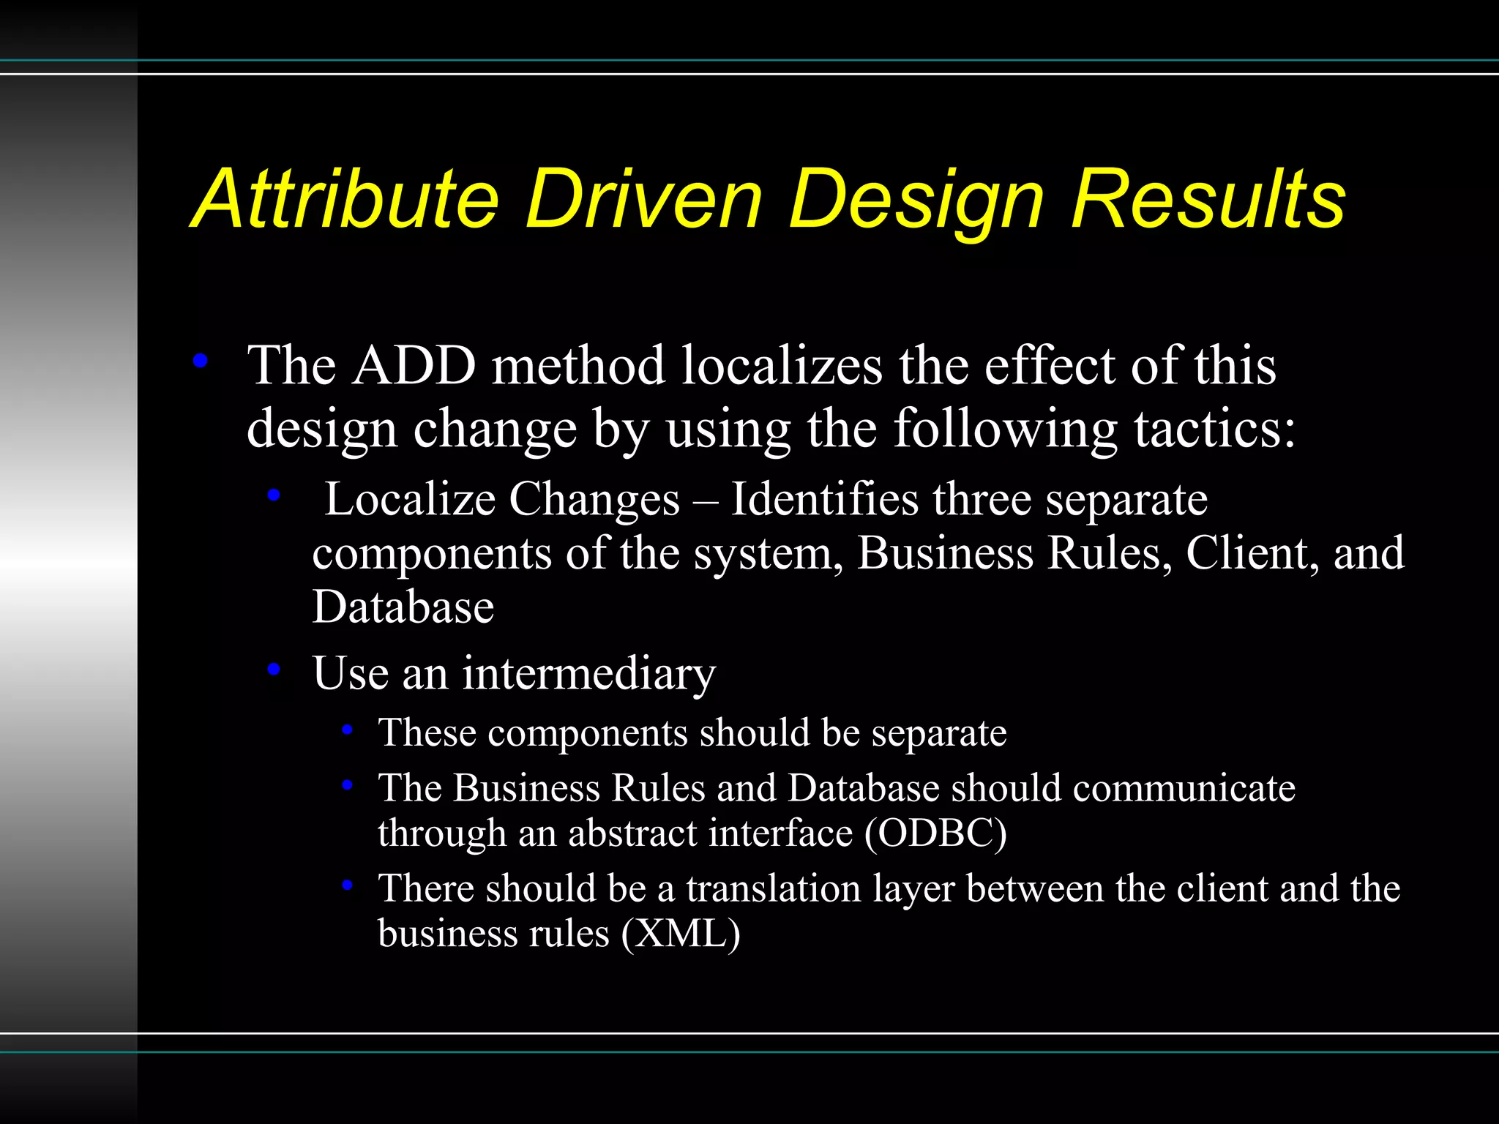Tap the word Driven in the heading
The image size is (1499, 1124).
click(x=644, y=199)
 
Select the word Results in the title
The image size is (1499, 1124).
click(x=1208, y=199)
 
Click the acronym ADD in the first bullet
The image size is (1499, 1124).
click(x=414, y=365)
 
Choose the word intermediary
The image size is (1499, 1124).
click(x=588, y=673)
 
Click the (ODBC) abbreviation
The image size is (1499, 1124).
click(x=935, y=833)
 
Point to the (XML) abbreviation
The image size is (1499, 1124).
click(x=681, y=934)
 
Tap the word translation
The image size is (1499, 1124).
click(x=773, y=888)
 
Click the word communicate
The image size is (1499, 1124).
click(x=1184, y=788)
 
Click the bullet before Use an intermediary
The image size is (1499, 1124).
click(x=274, y=668)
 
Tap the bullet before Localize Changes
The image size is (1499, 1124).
click(x=274, y=495)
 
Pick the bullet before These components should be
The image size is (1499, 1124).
click(x=348, y=729)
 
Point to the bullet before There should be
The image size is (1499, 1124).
click(x=348, y=885)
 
